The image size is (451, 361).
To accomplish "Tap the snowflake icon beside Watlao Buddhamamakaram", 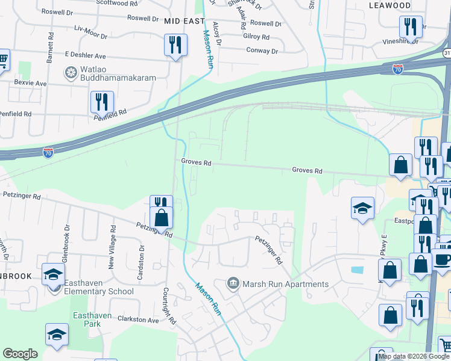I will tap(71, 74).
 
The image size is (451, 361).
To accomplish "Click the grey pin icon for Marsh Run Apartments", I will tap(233, 283).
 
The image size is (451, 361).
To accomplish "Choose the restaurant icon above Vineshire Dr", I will tap(409, 26).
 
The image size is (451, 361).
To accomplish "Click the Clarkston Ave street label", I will tap(138, 320).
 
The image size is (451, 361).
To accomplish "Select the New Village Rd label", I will tap(112, 246).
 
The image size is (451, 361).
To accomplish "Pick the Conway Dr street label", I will tap(262, 51).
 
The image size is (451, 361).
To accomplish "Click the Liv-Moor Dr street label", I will tap(89, 28).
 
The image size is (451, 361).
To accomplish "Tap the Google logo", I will tap(20, 354).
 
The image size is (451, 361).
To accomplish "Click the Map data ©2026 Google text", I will tap(413, 356).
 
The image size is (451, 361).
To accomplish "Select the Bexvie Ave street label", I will tap(30, 82).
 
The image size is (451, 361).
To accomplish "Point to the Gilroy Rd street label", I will tap(256, 37).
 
